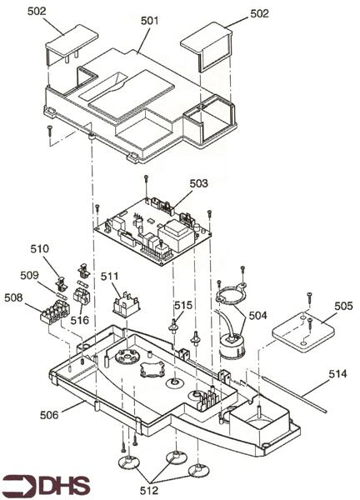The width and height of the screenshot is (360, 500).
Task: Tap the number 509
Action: pos(30,274)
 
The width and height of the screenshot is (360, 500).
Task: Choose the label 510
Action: pos(40,248)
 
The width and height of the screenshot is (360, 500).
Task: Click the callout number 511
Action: pos(110,276)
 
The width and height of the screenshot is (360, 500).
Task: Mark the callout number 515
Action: pos(183,306)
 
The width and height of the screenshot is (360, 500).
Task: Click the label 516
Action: pos(80,319)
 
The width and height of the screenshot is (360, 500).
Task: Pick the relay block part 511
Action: pos(126,302)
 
